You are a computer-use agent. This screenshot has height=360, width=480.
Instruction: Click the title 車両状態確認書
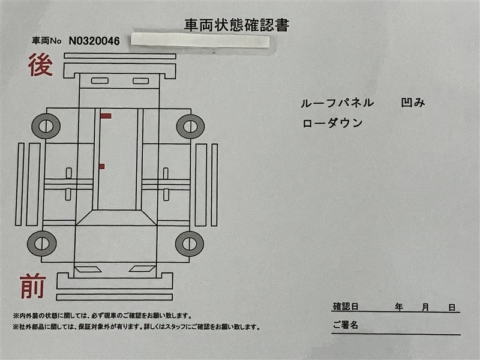236,25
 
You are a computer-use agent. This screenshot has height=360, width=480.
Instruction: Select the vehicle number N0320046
94,41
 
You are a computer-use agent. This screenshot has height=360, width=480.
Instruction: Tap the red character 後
40,65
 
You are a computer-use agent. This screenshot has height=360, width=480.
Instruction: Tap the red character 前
33,287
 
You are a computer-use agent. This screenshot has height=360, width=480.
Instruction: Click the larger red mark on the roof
106,116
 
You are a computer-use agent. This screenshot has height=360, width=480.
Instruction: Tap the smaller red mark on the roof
102,167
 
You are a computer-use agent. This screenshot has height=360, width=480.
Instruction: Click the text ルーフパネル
337,103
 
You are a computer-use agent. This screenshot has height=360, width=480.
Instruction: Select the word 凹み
413,103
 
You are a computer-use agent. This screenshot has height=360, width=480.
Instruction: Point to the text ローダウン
332,123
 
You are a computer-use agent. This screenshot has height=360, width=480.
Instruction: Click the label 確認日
346,307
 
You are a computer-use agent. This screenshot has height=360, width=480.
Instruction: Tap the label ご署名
346,325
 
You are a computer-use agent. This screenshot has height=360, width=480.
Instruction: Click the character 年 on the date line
399,307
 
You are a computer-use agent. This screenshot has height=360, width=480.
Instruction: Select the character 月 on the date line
425,307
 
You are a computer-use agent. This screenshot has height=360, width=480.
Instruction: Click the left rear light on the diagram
100,81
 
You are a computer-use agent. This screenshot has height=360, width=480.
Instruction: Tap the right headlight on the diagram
142,269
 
